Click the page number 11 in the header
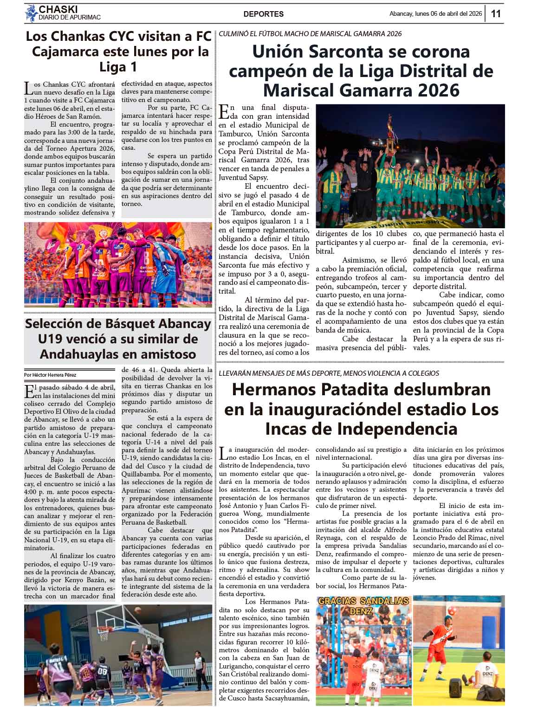(496, 13)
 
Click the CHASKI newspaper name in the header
(58, 9)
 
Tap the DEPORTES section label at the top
(263, 14)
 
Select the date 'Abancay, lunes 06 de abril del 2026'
(435, 14)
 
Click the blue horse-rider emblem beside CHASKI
(31, 13)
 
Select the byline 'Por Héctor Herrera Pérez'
(51, 375)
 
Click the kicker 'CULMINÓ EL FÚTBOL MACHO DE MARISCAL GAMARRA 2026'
(310, 34)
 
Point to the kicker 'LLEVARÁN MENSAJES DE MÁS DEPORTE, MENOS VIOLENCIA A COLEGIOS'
(328, 373)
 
